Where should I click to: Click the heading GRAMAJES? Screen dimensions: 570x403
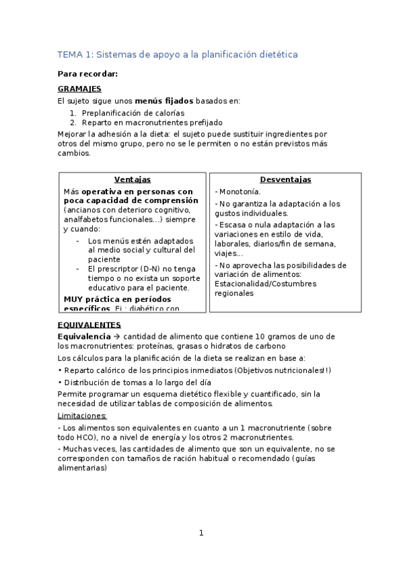pyautogui.click(x=79, y=88)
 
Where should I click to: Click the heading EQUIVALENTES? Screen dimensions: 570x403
pyautogui.click(x=89, y=325)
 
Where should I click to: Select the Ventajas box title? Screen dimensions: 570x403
pyautogui.click(x=132, y=179)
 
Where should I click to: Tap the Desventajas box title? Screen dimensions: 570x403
pyautogui.click(x=285, y=179)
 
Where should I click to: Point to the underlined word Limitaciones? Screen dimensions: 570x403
pyautogui.click(x=82, y=415)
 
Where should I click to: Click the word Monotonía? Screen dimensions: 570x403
pyautogui.click(x=241, y=192)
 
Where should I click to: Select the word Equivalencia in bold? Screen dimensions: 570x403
pyautogui.click(x=83, y=335)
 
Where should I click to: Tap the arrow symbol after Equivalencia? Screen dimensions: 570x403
pyautogui.click(x=116, y=335)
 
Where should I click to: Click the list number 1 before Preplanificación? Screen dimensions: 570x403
pyautogui.click(x=73, y=113)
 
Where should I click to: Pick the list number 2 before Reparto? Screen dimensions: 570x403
pyautogui.click(x=73, y=123)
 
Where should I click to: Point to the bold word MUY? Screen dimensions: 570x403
pyautogui.click(x=73, y=298)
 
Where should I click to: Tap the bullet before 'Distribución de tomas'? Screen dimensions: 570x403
pyautogui.click(x=60, y=382)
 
